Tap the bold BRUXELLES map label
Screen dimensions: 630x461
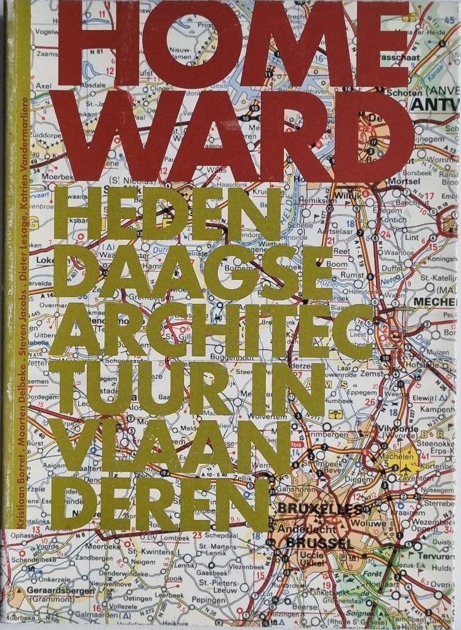point(318,509)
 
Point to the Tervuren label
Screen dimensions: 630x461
point(435,555)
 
